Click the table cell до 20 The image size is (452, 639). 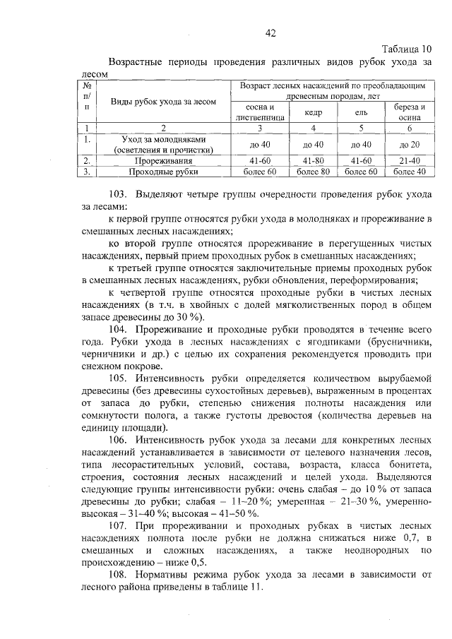pyautogui.click(x=410, y=144)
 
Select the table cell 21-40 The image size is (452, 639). pyautogui.click(x=410, y=160)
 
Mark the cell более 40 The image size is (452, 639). pyautogui.click(x=410, y=171)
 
